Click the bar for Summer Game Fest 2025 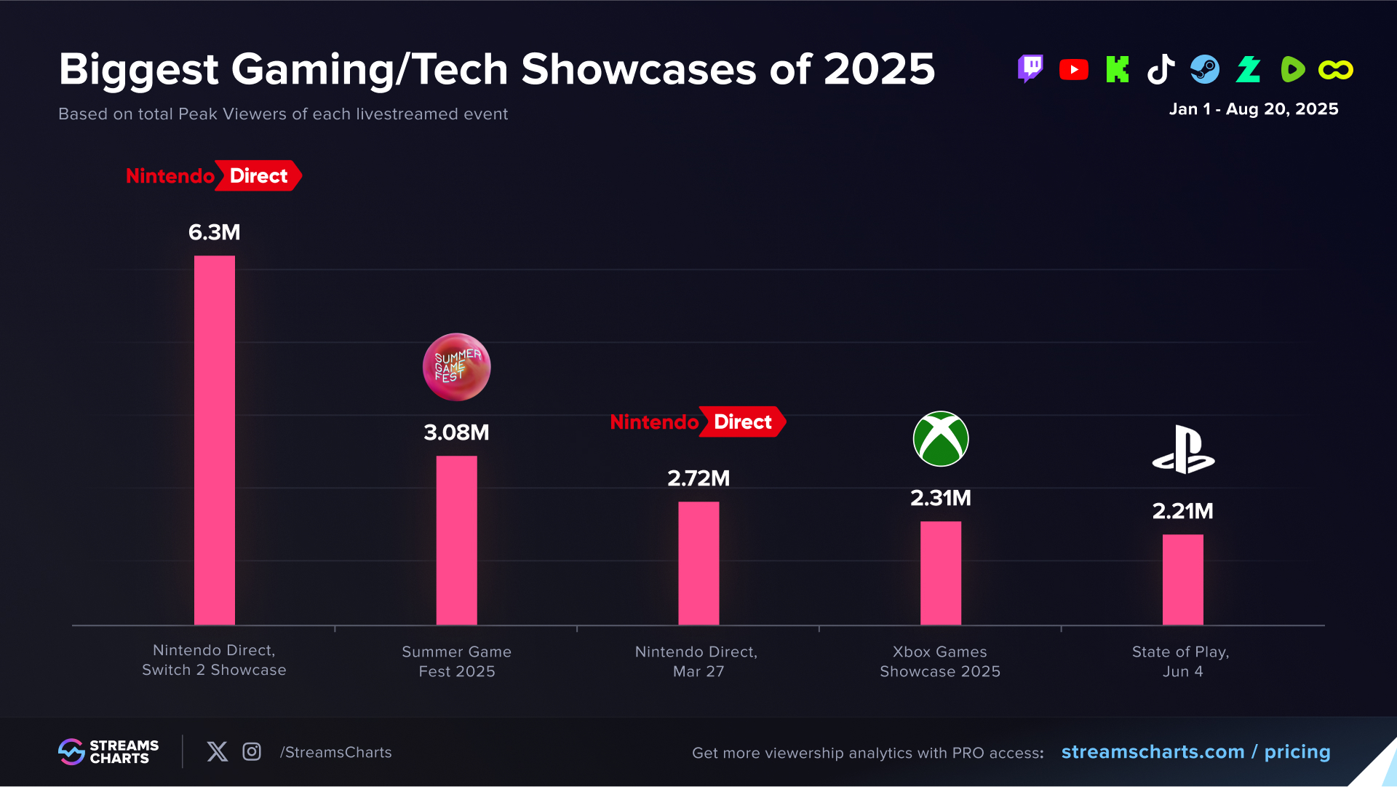[456, 540]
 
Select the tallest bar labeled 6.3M [214, 440]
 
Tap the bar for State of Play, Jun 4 [1182, 580]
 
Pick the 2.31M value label [940, 498]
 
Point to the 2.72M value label [698, 478]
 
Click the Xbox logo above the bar [940, 439]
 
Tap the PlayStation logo [1183, 450]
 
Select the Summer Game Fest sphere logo [456, 367]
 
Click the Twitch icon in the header [1030, 69]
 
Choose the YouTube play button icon [1073, 70]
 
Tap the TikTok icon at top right [1161, 70]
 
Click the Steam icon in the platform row [1204, 70]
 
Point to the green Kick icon [1117, 70]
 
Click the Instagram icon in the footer [252, 752]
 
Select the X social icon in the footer [217, 752]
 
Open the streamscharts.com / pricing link [1195, 752]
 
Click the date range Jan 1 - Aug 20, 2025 [1253, 109]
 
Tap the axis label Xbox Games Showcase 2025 [939, 662]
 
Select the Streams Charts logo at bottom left [108, 752]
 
